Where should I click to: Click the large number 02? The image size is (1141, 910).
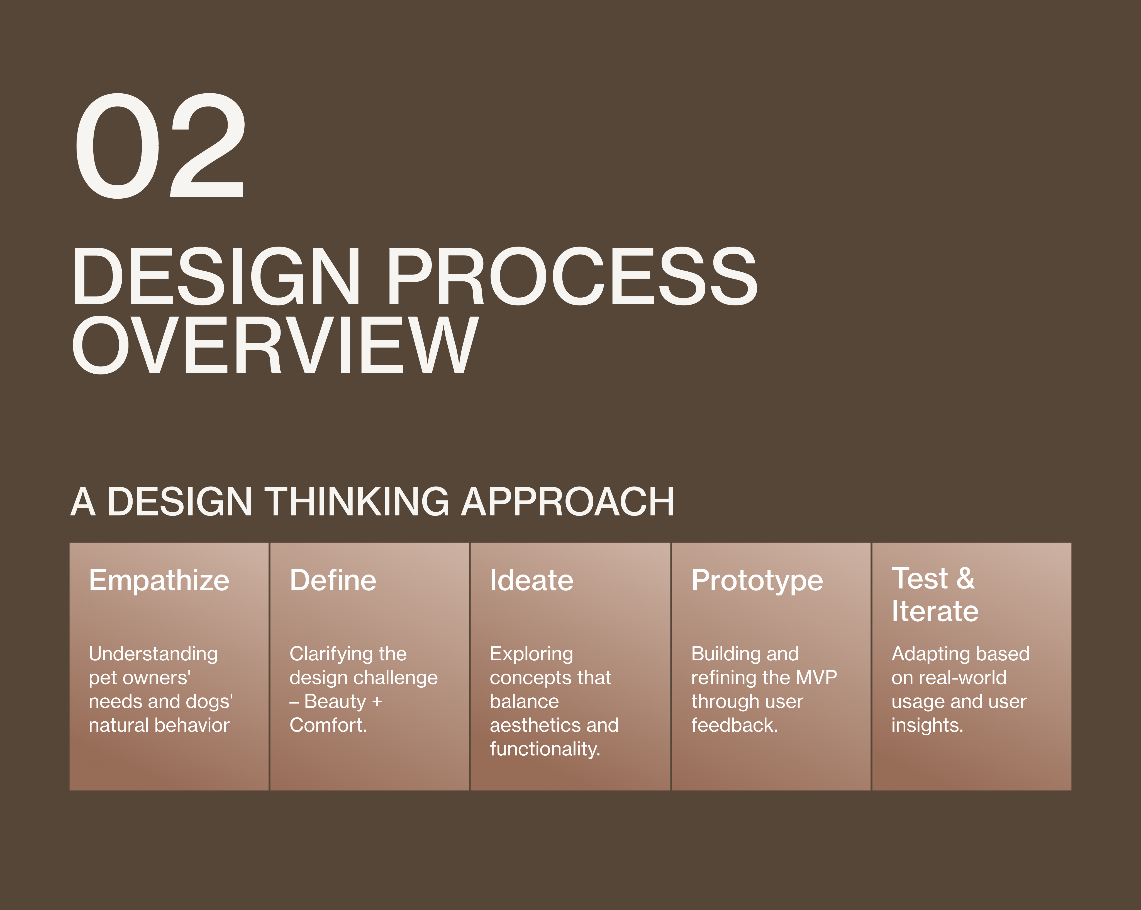pos(160,146)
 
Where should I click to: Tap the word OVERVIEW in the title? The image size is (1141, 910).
pos(275,345)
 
